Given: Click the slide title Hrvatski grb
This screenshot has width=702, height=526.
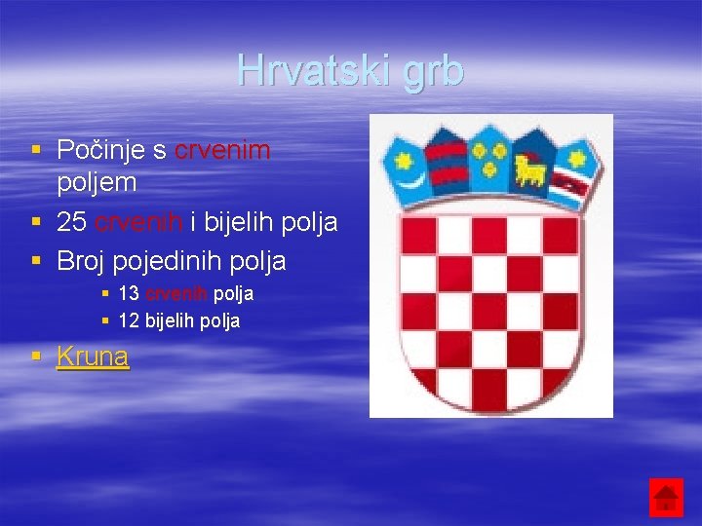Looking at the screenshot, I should (x=350, y=71).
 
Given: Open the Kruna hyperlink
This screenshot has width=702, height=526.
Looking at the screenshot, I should (x=93, y=357).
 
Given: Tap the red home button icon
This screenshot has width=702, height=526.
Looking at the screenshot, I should (x=667, y=498).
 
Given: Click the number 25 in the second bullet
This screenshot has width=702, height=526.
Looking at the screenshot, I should (x=72, y=222).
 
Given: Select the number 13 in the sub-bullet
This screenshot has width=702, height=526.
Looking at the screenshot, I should (x=128, y=293).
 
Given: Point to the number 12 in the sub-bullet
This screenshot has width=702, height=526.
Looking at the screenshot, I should (x=128, y=320).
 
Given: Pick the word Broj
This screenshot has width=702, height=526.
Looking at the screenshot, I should (x=81, y=261).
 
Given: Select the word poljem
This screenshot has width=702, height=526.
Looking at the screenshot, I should (x=97, y=182).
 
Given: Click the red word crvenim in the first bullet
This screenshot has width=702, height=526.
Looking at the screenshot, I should (x=222, y=150).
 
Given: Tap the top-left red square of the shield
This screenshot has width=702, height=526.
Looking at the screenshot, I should (x=421, y=235).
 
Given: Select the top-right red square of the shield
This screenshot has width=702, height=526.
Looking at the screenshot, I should (x=559, y=235).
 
